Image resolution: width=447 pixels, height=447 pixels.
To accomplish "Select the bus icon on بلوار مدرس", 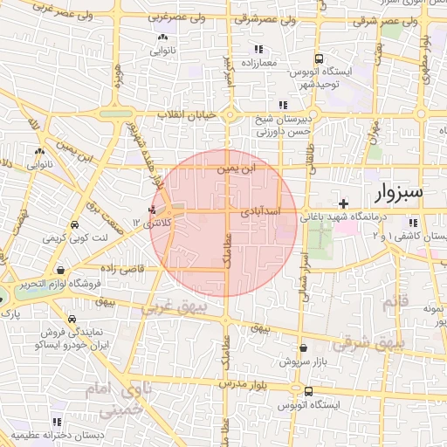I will [309, 390].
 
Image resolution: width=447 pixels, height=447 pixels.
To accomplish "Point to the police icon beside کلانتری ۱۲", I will [154, 210].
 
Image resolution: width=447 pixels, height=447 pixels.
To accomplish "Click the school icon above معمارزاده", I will [258, 50].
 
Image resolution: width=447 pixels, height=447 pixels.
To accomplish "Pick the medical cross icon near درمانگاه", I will [344, 203].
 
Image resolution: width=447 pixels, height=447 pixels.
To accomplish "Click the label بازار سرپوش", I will [303, 361].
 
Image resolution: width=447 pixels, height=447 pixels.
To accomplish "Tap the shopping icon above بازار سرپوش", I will [303, 347].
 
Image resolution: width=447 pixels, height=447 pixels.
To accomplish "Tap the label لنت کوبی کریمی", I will [84, 237].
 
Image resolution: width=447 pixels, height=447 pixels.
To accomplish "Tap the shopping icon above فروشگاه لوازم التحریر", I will [59, 271].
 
